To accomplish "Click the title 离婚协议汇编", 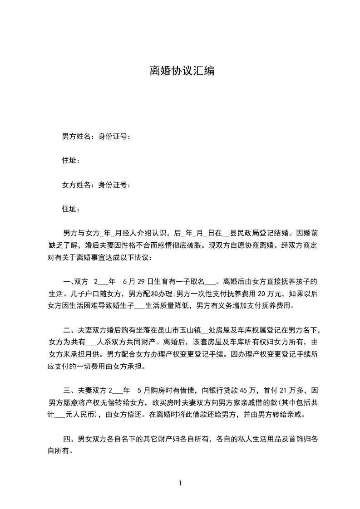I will click(182, 71).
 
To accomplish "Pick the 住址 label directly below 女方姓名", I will click(71, 209).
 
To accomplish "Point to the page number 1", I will click(180, 483).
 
